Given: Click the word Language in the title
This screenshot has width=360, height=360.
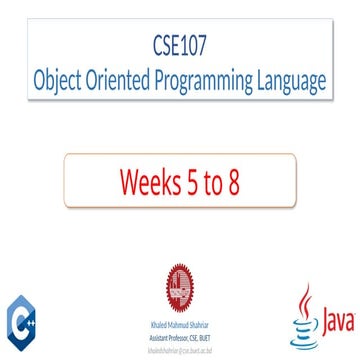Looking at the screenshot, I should [300, 80].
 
